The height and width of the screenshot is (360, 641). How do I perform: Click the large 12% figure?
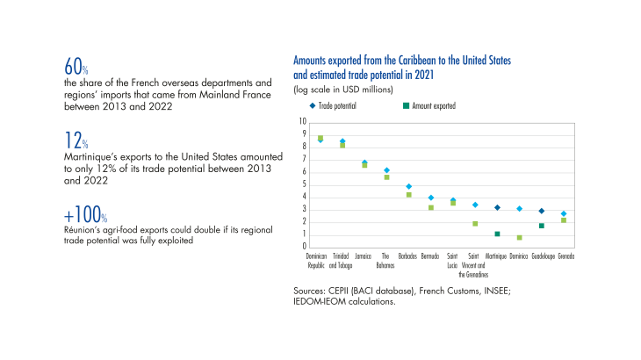pyautogui.click(x=72, y=140)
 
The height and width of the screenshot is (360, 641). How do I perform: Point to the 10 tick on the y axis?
pyautogui.click(x=303, y=121)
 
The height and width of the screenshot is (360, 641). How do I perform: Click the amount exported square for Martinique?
pyautogui.click(x=497, y=234)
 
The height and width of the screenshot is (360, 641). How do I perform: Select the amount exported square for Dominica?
pyautogui.click(x=519, y=238)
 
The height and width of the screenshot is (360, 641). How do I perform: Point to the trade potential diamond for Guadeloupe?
pyautogui.click(x=541, y=211)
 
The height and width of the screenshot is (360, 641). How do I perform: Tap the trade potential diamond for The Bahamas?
pyautogui.click(x=386, y=170)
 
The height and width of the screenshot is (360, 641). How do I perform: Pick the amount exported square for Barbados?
pyautogui.click(x=408, y=195)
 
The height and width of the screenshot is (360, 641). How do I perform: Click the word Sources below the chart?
pyautogui.click(x=309, y=290)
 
